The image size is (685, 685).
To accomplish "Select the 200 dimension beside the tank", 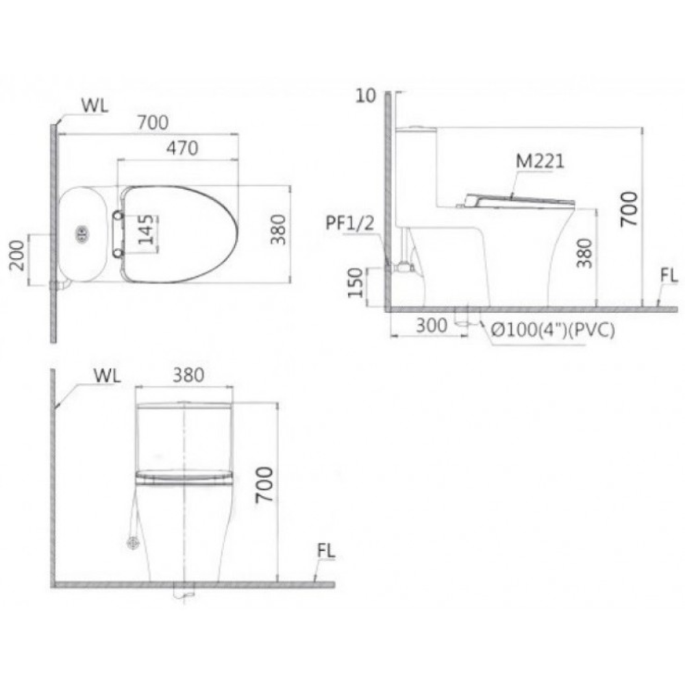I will click(18, 252).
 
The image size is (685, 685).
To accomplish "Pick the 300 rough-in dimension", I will click(431, 326).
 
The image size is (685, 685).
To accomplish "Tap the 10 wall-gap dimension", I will click(366, 95).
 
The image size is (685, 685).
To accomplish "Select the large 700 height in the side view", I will click(629, 209).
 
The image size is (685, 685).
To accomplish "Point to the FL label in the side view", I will click(669, 276).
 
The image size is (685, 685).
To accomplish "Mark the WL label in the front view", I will click(109, 375).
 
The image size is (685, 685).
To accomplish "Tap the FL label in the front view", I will click(326, 550).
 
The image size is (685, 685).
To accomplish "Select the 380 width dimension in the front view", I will click(188, 375).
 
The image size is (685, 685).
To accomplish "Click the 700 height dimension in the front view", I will click(264, 485).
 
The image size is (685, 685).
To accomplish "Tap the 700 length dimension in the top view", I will click(152, 123).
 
